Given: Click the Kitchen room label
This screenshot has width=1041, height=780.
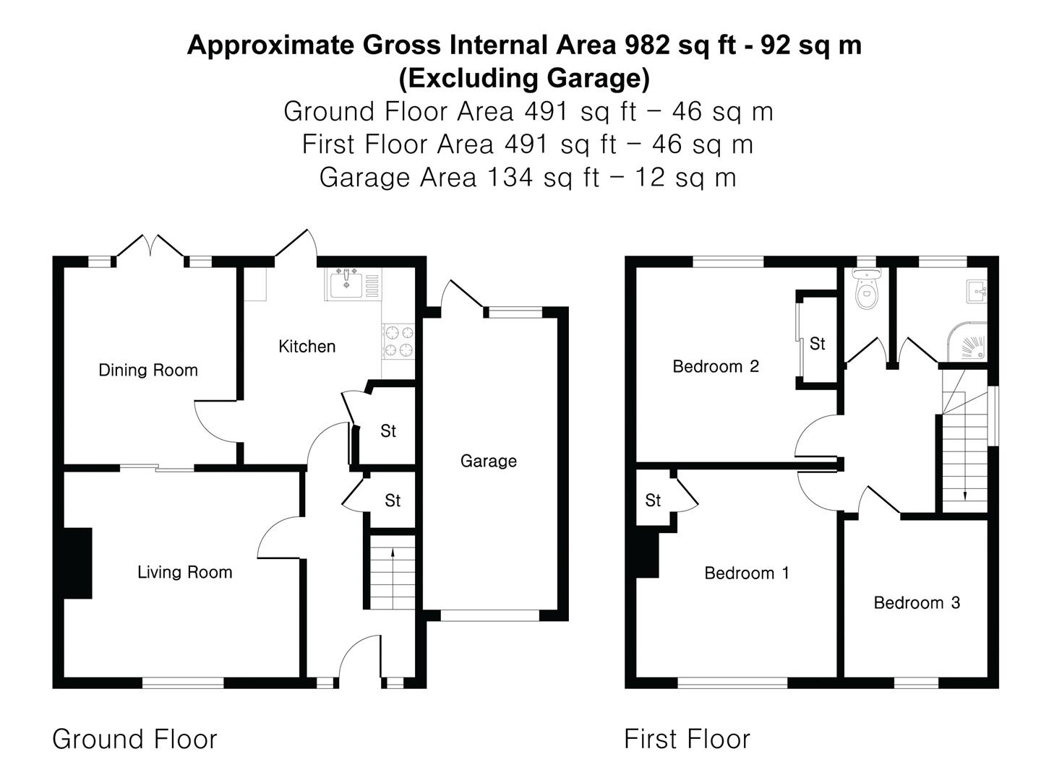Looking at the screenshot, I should pos(307,347).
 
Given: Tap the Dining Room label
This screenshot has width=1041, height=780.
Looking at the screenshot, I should pos(148,370).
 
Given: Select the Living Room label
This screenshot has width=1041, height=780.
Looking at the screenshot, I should pos(185,573).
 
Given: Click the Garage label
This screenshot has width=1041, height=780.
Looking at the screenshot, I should pos(489,461).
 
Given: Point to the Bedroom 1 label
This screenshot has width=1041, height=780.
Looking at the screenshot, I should pos(747,573).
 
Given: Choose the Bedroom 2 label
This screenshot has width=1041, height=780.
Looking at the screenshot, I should pos(716,367).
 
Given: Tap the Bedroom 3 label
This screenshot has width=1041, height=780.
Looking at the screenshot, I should pos(917,603).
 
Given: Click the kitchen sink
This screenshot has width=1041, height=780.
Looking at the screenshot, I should pos(348,284).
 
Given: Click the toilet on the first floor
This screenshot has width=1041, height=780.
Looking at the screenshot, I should pos(865,290).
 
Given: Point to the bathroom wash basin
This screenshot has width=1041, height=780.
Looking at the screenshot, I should pos(977,292).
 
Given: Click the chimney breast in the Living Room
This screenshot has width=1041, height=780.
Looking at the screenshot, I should pos(78,563).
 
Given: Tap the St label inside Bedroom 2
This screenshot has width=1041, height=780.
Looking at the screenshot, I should pos(818,344).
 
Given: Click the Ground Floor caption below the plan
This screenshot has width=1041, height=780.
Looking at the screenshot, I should pos(134,740).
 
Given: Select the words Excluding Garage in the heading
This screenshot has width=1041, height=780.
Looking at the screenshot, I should pos(524,78).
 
